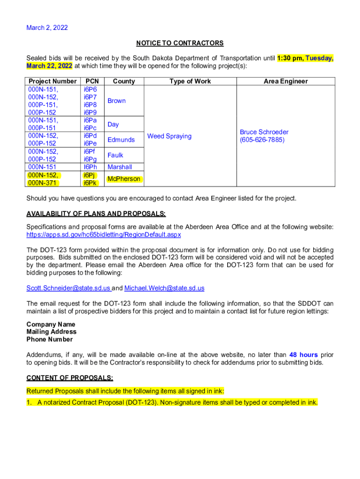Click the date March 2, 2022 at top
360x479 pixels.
pos(47,28)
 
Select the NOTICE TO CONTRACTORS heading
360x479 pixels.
pos(180,43)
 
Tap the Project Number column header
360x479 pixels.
pos(52,81)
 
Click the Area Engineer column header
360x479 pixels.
pos(286,81)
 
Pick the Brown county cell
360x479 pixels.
pos(116,101)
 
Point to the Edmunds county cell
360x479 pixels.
pos(121,140)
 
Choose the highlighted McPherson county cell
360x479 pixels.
pos(123,179)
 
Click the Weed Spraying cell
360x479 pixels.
pos(169,136)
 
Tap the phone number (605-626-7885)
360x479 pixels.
pos(262,140)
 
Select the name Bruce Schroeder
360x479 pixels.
pos(264,132)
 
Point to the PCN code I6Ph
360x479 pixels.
pos(90,167)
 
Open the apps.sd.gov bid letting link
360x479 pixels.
pos(104,234)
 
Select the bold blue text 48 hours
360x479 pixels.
pos(304,355)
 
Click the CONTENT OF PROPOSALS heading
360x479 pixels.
pos(70,378)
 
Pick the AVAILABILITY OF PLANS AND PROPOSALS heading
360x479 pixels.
pos(96,214)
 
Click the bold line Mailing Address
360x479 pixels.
pos(51,332)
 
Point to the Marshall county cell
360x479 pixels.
pos(120,167)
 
